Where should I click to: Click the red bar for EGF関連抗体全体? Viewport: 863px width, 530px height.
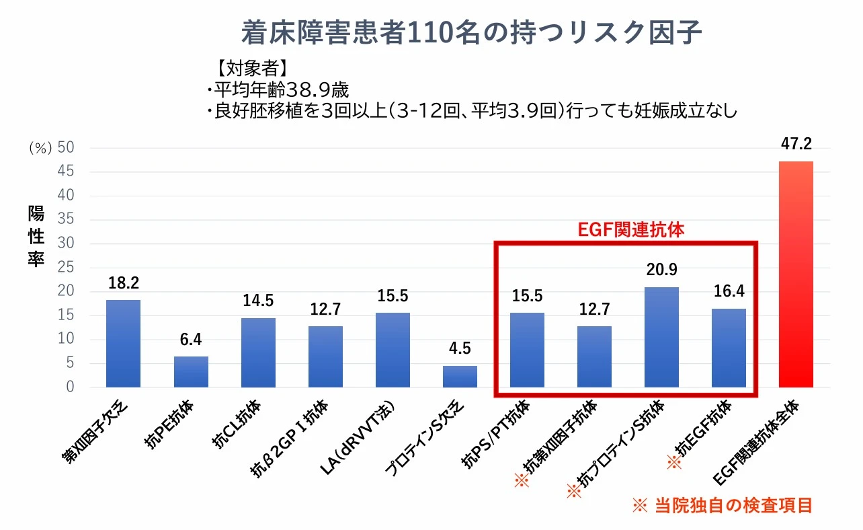796,274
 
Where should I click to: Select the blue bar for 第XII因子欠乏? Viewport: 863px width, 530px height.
124,344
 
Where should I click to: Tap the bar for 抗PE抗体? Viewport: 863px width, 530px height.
191,372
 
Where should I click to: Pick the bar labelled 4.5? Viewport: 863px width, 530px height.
460,377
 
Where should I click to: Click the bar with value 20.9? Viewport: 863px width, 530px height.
661,337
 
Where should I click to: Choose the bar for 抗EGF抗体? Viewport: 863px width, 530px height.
729,348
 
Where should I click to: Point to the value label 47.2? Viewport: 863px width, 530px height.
796,144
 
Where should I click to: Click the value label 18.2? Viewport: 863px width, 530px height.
123,282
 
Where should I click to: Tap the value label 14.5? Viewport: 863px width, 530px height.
258,301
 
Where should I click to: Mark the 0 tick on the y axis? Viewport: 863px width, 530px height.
70,387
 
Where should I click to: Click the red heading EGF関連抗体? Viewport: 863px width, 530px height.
631,229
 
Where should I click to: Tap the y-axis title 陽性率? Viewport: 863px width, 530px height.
36,237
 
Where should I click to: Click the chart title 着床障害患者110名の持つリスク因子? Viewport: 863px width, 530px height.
471,32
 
